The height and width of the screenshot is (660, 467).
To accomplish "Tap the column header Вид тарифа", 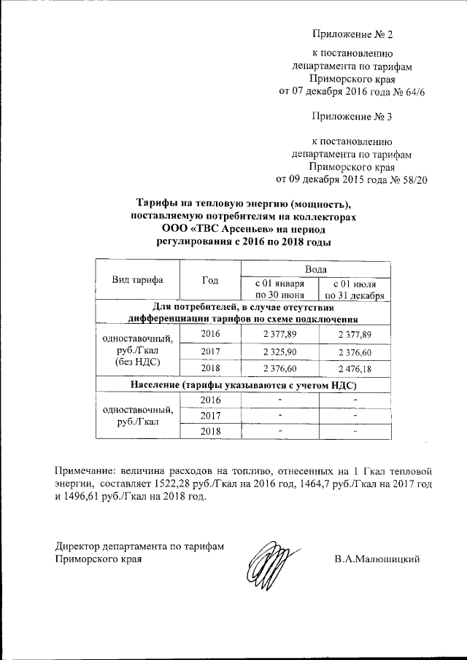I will click(x=137, y=280).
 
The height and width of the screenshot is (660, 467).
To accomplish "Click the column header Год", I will click(x=210, y=280).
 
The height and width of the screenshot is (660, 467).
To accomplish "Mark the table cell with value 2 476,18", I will click(x=354, y=369).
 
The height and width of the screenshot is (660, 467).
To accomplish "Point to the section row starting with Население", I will click(x=243, y=384).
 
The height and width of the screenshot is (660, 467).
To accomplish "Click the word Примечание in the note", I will click(x=86, y=470).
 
